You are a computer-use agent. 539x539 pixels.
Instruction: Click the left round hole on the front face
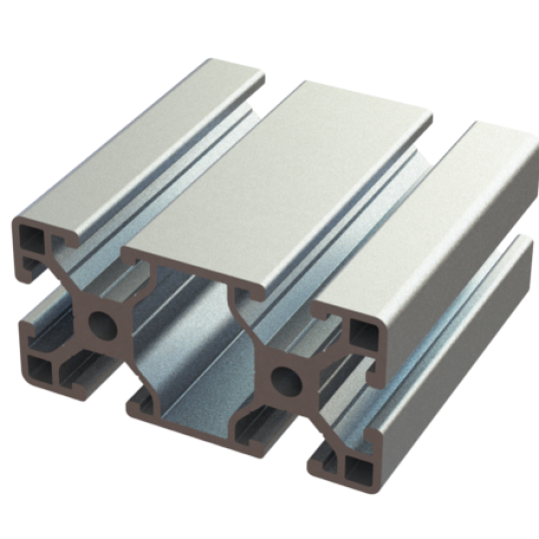pyautogui.click(x=101, y=322)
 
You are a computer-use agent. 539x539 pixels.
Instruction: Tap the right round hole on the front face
pyautogui.click(x=284, y=380)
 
